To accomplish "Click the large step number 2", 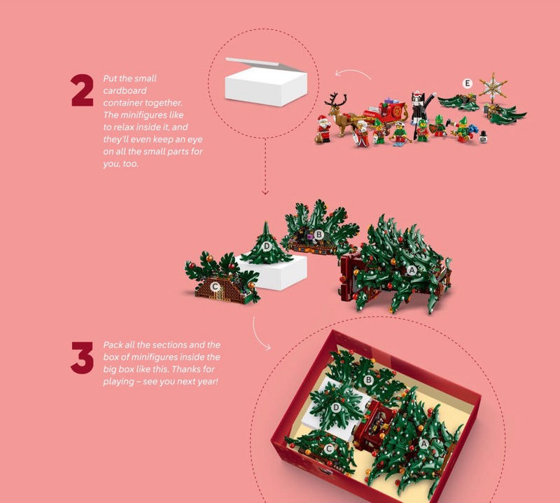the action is (x=82, y=90).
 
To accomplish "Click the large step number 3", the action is (x=82, y=357).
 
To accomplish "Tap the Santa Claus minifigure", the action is (x=323, y=129).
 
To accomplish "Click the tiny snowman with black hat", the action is (x=483, y=137).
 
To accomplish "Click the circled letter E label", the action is (x=467, y=83).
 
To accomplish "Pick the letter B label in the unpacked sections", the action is (x=319, y=235).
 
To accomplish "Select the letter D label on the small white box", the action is (x=267, y=246).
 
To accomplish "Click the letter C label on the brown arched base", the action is (x=215, y=287).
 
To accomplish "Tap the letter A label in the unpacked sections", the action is (x=412, y=270).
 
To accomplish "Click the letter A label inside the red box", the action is (x=423, y=443).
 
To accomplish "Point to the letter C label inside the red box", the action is (x=329, y=448).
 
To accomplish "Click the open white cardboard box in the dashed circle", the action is (x=266, y=82).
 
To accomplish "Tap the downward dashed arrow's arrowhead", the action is (x=265, y=193).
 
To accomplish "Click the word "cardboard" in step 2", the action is (x=125, y=90).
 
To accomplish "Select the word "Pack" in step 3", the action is (x=111, y=345).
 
